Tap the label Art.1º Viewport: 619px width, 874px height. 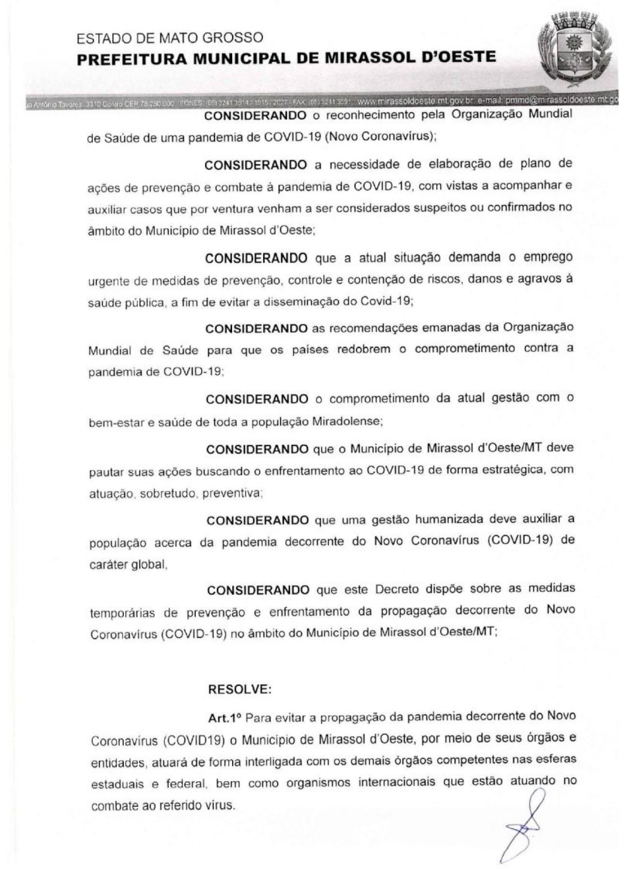pos(224,718)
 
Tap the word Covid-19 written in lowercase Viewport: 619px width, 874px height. pos(386,301)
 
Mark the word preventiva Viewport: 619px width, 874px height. pos(232,494)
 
